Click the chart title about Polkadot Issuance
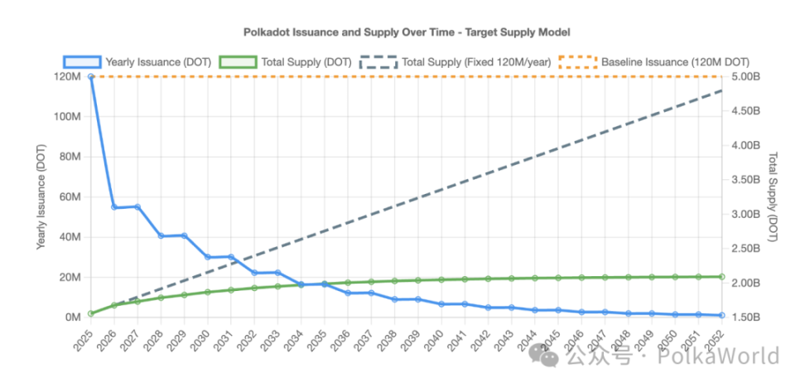[407, 32]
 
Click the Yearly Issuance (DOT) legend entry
[139, 61]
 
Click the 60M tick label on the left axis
[70, 196]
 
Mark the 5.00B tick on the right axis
[745, 76]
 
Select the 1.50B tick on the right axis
[745, 318]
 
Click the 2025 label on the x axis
[83, 338]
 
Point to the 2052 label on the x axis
[720, 338]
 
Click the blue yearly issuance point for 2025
[90, 76]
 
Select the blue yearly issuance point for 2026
[114, 207]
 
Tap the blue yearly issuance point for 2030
[208, 257]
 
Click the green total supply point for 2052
[722, 276]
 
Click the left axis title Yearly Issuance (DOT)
[41, 196]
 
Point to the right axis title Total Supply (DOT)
[774, 196]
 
